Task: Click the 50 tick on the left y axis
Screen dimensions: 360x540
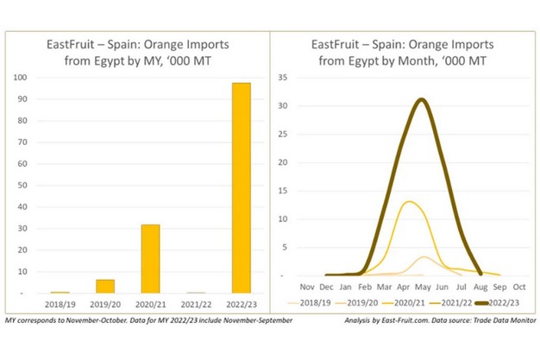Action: pyautogui.click(x=21, y=186)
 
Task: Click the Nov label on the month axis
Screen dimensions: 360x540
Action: pyautogui.click(x=305, y=286)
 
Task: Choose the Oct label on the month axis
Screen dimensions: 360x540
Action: pyautogui.click(x=518, y=286)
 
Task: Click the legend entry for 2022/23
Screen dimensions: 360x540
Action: pyautogui.click(x=499, y=303)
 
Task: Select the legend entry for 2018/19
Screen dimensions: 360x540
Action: pyautogui.click(x=317, y=303)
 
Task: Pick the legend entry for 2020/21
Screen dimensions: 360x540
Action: pyautogui.click(x=408, y=303)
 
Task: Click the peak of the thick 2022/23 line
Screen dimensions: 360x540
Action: pyautogui.click(x=420, y=99)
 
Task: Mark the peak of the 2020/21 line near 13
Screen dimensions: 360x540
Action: pyautogui.click(x=410, y=202)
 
